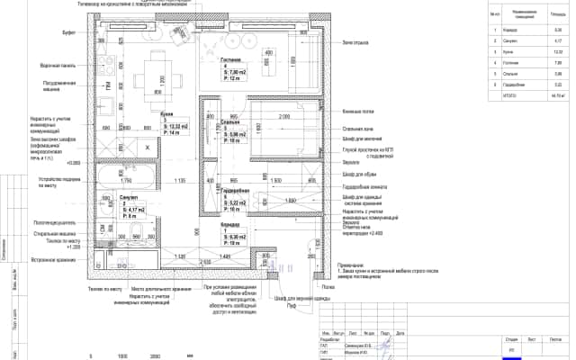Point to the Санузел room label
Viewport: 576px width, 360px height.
pyautogui.click(x=127, y=195)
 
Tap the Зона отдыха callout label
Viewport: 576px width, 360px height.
pyautogui.click(x=356, y=42)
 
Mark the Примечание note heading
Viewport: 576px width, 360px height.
pyautogui.click(x=352, y=265)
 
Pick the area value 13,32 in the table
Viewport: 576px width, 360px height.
pyautogui.click(x=557, y=51)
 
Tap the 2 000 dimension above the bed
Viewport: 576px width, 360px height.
pyautogui.click(x=283, y=116)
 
